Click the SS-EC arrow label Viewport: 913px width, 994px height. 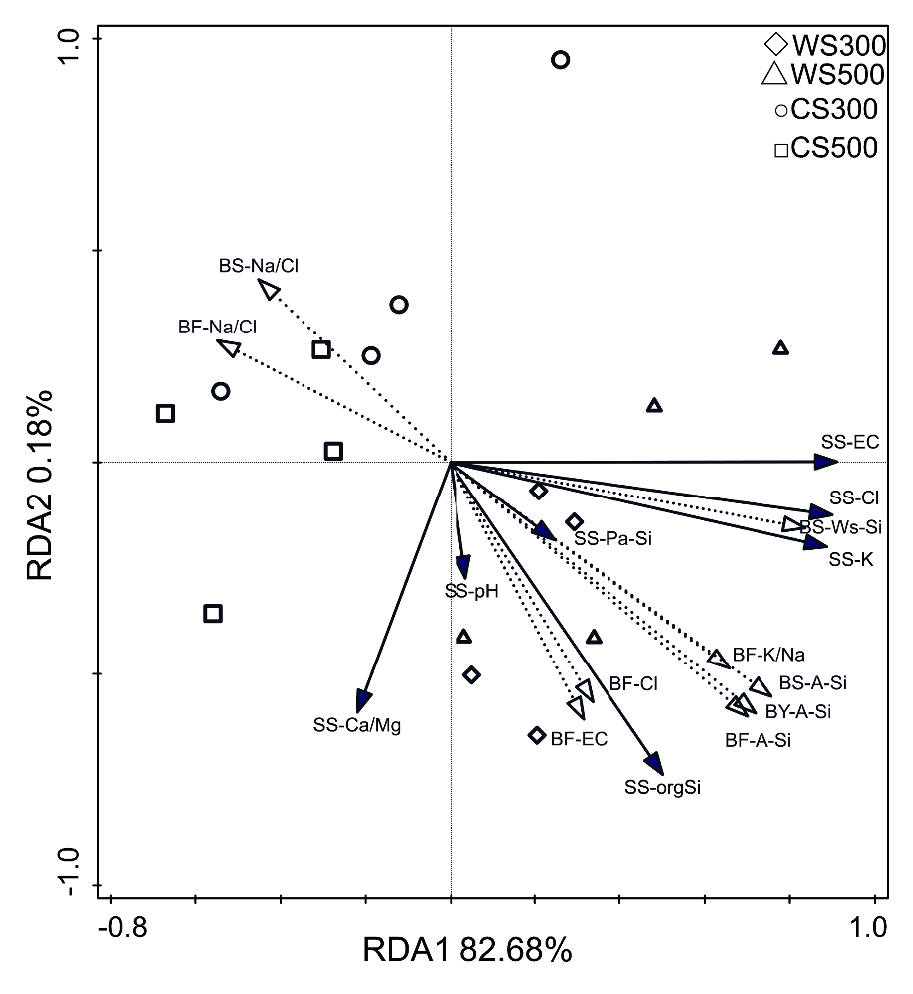click(850, 442)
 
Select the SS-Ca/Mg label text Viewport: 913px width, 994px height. click(357, 725)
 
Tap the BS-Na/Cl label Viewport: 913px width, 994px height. click(259, 266)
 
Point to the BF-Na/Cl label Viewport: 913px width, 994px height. click(217, 327)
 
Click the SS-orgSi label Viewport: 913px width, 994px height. click(663, 787)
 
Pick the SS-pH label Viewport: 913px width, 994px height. click(472, 591)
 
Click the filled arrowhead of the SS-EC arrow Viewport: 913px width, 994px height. click(826, 463)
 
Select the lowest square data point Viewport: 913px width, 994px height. click(213, 614)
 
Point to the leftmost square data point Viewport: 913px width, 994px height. click(166, 413)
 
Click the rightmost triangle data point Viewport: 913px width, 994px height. click(780, 349)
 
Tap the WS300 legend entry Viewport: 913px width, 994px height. click(825, 46)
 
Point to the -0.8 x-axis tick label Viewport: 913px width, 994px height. click(123, 927)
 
